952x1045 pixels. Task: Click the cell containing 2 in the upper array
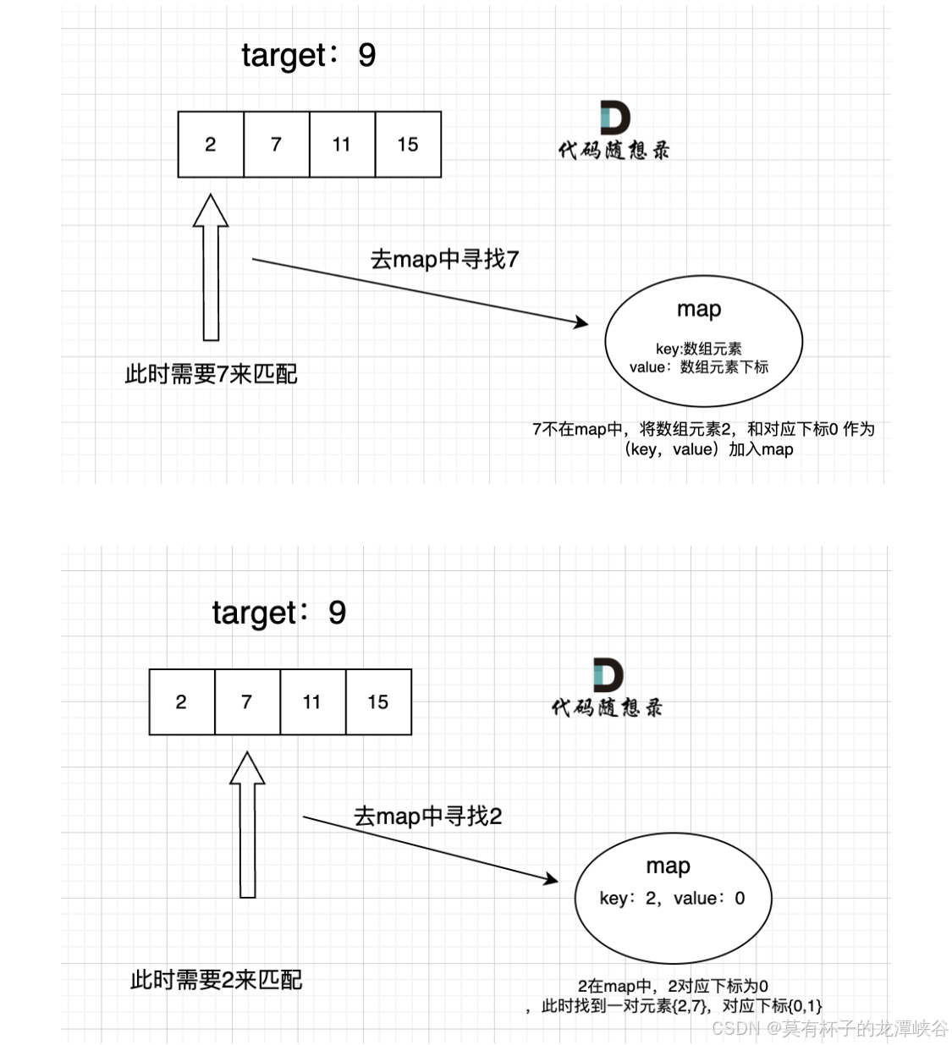pyautogui.click(x=211, y=145)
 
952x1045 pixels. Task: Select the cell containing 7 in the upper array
pyautogui.click(x=276, y=145)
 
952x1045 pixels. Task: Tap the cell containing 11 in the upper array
pyautogui.click(x=342, y=145)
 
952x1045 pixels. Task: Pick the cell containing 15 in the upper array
pyautogui.click(x=408, y=145)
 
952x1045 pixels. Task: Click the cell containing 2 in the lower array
pyautogui.click(x=181, y=702)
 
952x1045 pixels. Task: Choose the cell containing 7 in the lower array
pyautogui.click(x=247, y=702)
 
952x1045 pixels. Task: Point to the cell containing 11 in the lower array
pyautogui.click(x=312, y=702)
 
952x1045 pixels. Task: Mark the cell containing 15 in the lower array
pyautogui.click(x=378, y=702)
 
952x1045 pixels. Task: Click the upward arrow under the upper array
pyautogui.click(x=211, y=267)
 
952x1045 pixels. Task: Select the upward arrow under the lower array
pyautogui.click(x=247, y=824)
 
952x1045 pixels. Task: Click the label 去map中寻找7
pyautogui.click(x=444, y=259)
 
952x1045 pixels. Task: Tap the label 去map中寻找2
pyautogui.click(x=427, y=817)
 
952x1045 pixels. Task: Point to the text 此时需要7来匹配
pyautogui.click(x=211, y=374)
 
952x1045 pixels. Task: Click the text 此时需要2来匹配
pyautogui.click(x=216, y=980)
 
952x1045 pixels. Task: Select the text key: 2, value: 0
pyautogui.click(x=672, y=899)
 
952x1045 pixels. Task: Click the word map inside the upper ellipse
pyautogui.click(x=699, y=309)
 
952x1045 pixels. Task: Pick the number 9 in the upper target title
pyautogui.click(x=366, y=55)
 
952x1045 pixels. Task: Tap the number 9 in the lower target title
pyautogui.click(x=337, y=613)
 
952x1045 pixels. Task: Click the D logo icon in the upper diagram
pyautogui.click(x=615, y=118)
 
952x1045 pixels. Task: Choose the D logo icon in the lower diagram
pyautogui.click(x=608, y=675)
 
